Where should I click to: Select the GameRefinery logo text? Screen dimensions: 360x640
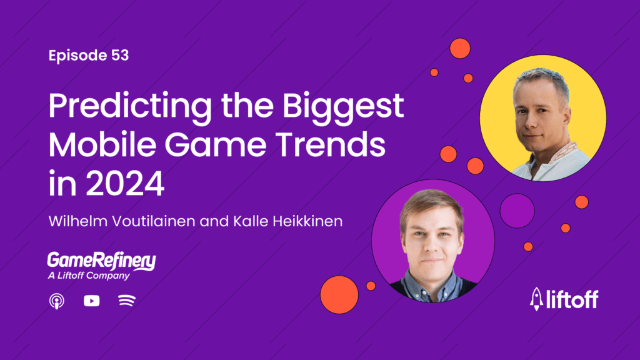coord(102,261)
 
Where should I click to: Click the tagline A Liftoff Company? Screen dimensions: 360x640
coord(88,276)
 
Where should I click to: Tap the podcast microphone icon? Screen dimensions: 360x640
coord(57,301)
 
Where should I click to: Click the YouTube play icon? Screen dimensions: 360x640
coord(91,301)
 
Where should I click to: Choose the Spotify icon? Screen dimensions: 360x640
coord(127,301)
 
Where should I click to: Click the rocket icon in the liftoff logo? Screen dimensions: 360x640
coord(537,299)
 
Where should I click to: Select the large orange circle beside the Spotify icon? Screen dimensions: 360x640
coord(339,294)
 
